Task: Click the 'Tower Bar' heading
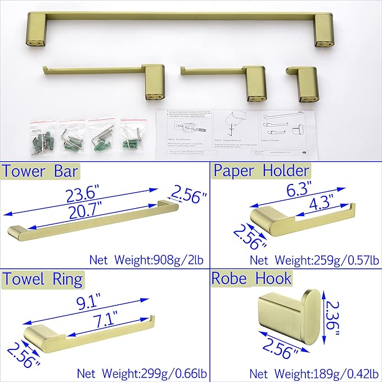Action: (41, 171)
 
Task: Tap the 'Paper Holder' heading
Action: (260, 171)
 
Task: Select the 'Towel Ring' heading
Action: (43, 278)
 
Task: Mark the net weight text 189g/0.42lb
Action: (313, 371)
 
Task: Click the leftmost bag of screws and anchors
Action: (43, 134)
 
